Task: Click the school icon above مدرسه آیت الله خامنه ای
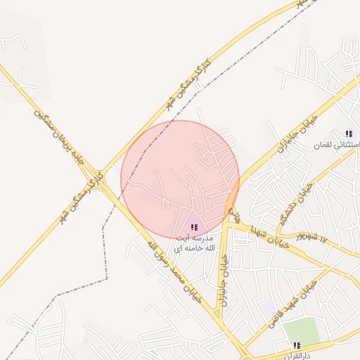pyautogui.click(x=194, y=227)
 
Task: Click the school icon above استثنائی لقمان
pyautogui.click(x=348, y=134)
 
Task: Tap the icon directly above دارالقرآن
pyautogui.click(x=297, y=345)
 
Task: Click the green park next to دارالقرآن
pyautogui.click(x=302, y=330)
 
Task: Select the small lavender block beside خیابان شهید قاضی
pyautogui.click(x=269, y=308)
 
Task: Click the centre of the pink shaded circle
pyautogui.click(x=180, y=179)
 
